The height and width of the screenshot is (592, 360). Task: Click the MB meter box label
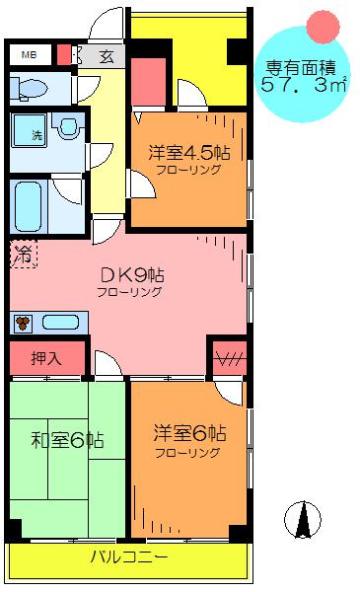(x=29, y=55)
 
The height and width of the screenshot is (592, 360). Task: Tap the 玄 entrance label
(x=107, y=56)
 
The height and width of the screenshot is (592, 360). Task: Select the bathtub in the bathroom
(x=28, y=206)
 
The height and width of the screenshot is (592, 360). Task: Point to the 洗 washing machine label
(x=36, y=135)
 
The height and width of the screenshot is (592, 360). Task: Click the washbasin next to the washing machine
(x=68, y=125)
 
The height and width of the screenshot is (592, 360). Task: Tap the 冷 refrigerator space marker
(x=24, y=255)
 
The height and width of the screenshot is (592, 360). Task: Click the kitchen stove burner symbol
(x=23, y=324)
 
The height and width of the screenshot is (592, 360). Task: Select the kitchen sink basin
(x=60, y=323)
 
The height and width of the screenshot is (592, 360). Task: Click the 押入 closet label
(x=46, y=358)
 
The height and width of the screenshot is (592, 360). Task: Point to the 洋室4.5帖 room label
(x=188, y=153)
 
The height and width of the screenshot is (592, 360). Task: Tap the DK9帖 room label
(x=132, y=275)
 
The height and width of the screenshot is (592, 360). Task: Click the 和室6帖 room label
(x=67, y=440)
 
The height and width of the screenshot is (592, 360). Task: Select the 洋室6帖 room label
(x=189, y=433)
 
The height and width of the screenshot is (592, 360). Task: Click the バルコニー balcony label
(x=129, y=556)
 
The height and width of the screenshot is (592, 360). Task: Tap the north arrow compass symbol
(x=303, y=520)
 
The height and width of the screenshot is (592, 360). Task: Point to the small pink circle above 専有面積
(x=324, y=27)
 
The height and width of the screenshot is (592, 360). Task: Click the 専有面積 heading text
(x=301, y=68)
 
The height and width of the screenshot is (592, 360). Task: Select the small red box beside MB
(x=63, y=55)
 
